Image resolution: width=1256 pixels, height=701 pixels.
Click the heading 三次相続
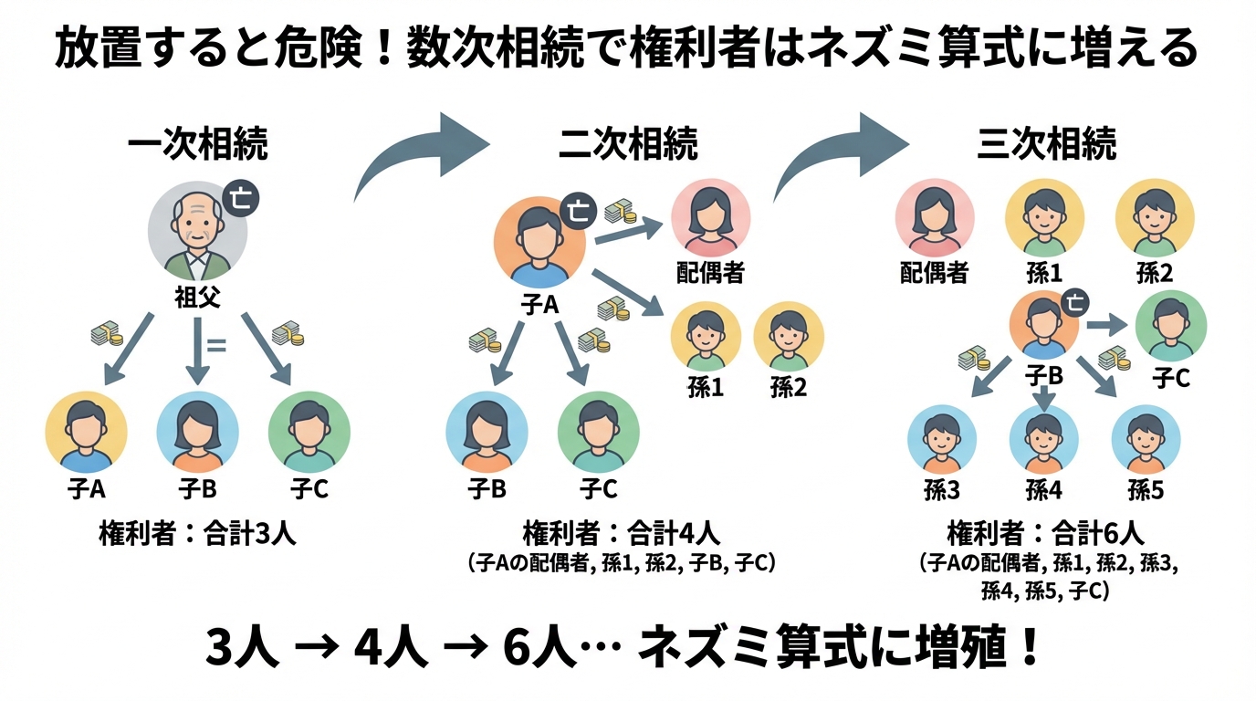(1046, 144)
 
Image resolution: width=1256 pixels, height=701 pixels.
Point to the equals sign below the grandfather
(216, 345)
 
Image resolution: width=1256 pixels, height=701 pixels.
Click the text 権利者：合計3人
(197, 534)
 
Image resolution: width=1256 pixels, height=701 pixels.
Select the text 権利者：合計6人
(1045, 533)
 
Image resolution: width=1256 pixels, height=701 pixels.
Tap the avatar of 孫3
(942, 439)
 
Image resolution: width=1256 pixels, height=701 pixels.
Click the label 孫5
(1146, 490)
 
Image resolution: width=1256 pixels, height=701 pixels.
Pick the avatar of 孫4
(1043, 439)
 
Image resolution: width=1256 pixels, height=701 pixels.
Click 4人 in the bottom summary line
(390, 649)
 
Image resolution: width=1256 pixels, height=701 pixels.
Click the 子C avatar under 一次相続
(309, 431)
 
